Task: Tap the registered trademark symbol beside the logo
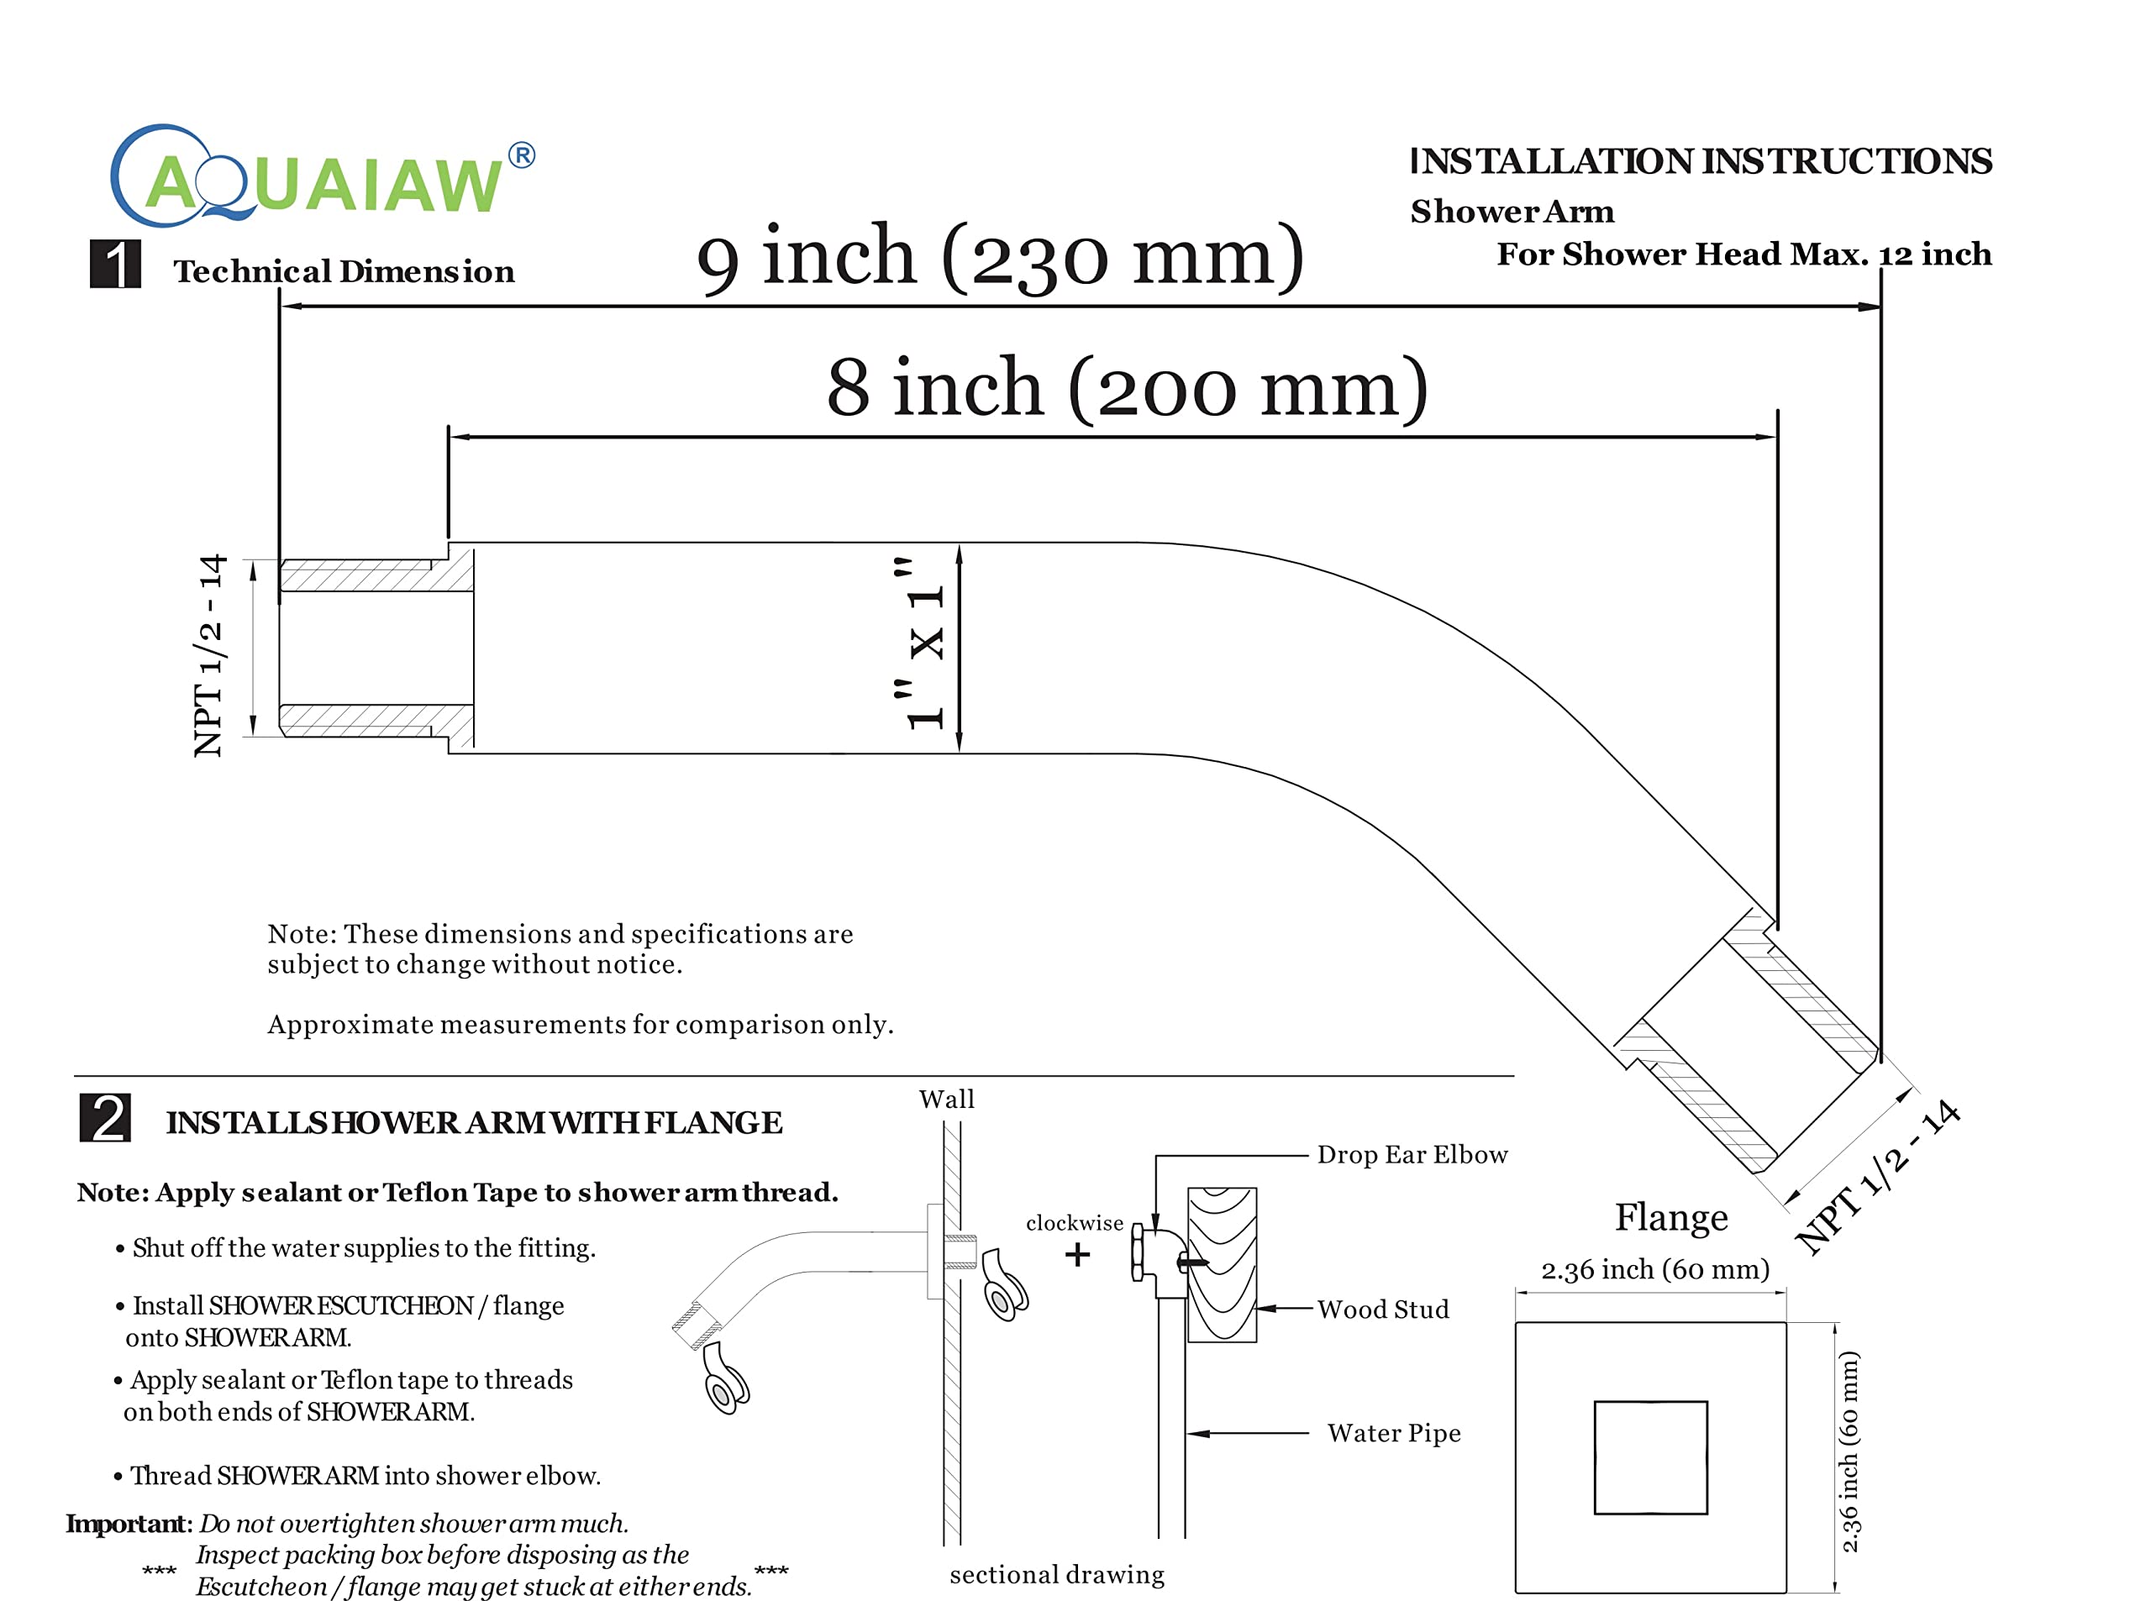[x=522, y=155]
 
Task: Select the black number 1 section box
[x=115, y=264]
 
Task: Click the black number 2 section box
[x=105, y=1117]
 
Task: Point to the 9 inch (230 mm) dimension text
[x=1001, y=257]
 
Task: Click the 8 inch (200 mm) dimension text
[x=1128, y=388]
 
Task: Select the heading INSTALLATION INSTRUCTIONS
[x=1701, y=161]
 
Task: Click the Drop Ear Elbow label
[x=1412, y=1154]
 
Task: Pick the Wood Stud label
[x=1383, y=1310]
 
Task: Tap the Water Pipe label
[x=1394, y=1433]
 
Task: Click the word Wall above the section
[x=947, y=1099]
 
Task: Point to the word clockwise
[x=1075, y=1223]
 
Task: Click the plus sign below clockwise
[x=1077, y=1255]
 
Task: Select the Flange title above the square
[x=1671, y=1217]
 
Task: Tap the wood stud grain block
[x=1223, y=1265]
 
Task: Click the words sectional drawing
[x=1058, y=1576]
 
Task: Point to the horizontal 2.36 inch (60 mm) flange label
[x=1655, y=1269]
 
